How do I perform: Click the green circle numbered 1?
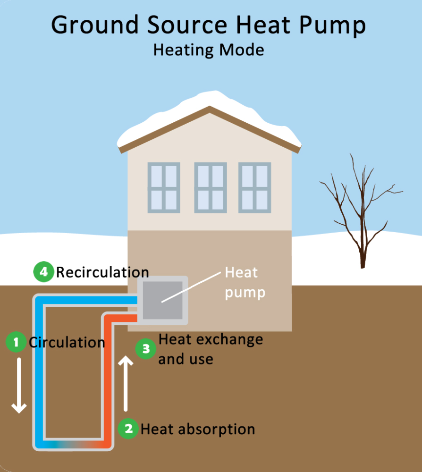[17, 342]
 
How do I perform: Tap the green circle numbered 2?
[128, 429]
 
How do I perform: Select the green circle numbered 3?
[145, 349]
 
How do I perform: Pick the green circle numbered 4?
[43, 272]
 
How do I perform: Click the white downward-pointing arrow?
[19, 385]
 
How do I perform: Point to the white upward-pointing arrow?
[126, 383]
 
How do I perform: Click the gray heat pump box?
[162, 300]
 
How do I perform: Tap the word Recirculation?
[102, 272]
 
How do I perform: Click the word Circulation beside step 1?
[67, 342]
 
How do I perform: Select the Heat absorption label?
[198, 430]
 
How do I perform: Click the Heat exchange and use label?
[210, 349]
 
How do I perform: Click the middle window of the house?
[211, 187]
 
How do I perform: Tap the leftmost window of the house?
[164, 187]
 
